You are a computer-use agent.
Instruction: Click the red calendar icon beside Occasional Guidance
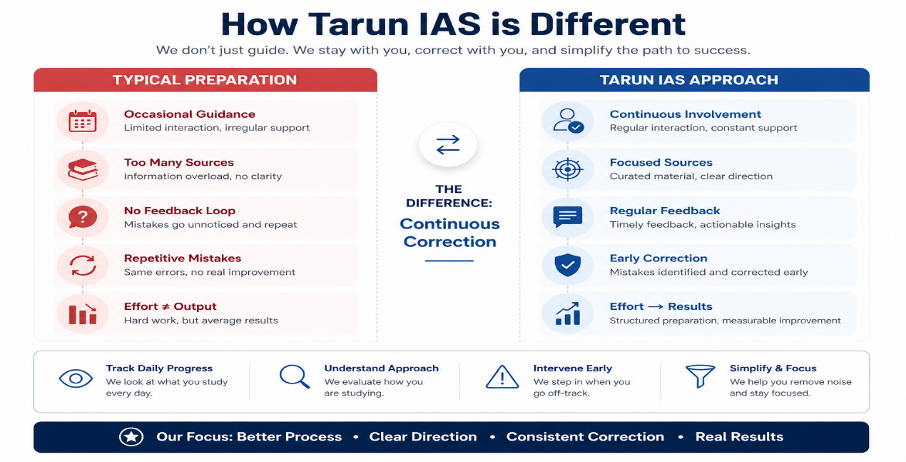coord(83,121)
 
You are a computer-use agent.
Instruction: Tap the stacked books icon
coord(83,169)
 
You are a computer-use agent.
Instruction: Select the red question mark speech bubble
coord(83,217)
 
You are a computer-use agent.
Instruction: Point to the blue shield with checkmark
coord(567,265)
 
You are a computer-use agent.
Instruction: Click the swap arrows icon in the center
coord(448,144)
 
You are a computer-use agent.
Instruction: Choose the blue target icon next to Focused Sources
coord(567,169)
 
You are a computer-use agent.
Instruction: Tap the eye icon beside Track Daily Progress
coord(76,378)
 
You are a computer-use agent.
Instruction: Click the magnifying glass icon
coord(295,376)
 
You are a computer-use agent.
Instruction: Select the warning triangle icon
coord(502,377)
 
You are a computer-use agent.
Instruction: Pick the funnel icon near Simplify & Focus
coord(700,376)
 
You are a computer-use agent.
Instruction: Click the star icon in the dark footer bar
coord(131,436)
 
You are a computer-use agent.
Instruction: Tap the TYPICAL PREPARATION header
coord(205,80)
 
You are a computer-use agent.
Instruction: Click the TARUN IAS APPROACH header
coord(689,80)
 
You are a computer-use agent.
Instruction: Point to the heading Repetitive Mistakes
coord(183,258)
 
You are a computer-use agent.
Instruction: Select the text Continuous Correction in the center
coord(449,233)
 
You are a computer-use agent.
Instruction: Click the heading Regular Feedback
coord(665,211)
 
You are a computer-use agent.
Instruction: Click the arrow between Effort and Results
coord(656,306)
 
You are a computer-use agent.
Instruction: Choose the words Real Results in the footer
coord(739,436)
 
